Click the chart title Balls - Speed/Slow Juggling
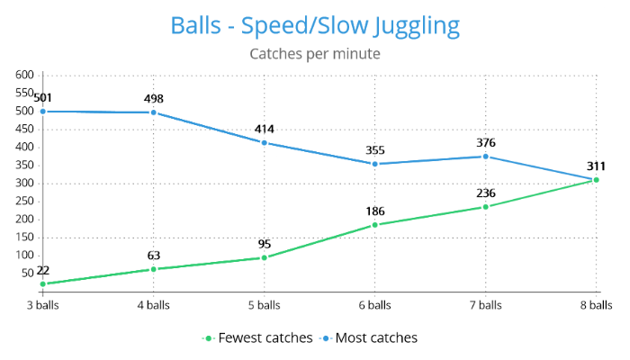(x=314, y=24)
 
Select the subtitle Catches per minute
(x=314, y=54)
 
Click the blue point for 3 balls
(x=42, y=112)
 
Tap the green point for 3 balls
(x=42, y=284)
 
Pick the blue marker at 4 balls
(x=153, y=112)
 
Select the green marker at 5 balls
(x=264, y=257)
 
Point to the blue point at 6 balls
(x=374, y=164)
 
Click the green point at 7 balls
(x=485, y=207)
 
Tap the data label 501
(x=42, y=97)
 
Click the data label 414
(x=264, y=129)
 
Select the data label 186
(x=374, y=211)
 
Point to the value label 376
(x=485, y=142)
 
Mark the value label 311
(x=596, y=166)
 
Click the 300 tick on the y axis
(x=24, y=184)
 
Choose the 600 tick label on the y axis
(x=24, y=76)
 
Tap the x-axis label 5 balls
(x=264, y=305)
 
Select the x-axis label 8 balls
(x=596, y=305)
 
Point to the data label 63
(x=153, y=255)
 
